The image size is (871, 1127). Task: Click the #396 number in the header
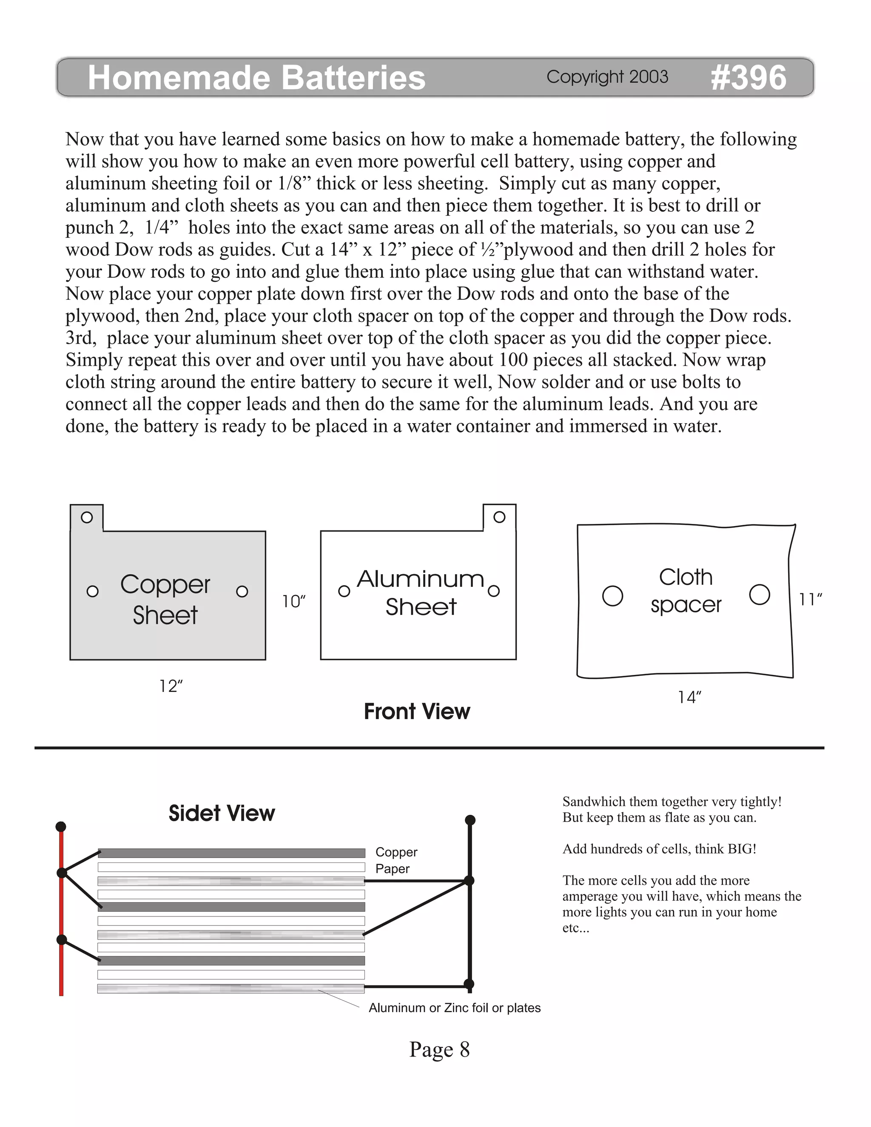coord(748,78)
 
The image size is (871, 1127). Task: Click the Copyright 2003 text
coord(607,77)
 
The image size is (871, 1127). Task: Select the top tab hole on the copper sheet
coord(87,517)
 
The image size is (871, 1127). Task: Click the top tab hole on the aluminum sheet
coord(499,517)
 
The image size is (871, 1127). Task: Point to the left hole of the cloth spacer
coord(612,595)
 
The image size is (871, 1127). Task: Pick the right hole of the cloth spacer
coord(759,595)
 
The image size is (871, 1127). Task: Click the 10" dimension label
coord(293,602)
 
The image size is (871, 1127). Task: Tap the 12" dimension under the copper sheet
coord(171,686)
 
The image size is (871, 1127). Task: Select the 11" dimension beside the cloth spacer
coord(810,600)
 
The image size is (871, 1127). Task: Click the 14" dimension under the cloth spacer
coord(689,697)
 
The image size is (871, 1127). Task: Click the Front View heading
coord(417,711)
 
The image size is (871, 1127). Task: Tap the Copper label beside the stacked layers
coord(396,852)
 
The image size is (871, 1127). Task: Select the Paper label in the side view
coord(392,868)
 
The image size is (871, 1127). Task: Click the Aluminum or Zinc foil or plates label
coord(454,1008)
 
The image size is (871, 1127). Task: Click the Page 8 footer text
coord(439,1049)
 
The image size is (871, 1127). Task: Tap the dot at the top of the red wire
coord(61,827)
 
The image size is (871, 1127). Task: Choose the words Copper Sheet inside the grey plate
coord(165,600)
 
